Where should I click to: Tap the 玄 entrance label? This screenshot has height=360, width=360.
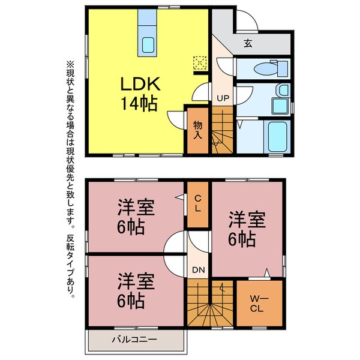tap(247, 43)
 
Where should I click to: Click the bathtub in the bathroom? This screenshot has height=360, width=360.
tap(277, 136)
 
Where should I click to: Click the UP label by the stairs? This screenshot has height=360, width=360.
tap(221, 98)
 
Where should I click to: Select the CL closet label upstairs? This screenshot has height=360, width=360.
tap(197, 204)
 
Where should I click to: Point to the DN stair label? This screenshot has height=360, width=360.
tap(199, 270)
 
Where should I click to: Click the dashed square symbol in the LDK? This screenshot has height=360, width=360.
tap(199, 62)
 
